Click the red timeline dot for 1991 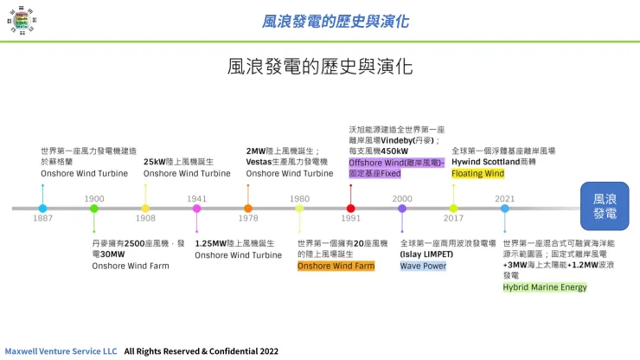pyautogui.click(x=350, y=209)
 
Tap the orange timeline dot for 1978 pyautogui.click(x=248, y=209)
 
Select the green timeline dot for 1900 pyautogui.click(x=94, y=209)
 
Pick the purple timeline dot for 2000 pyautogui.click(x=402, y=209)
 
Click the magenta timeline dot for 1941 pyautogui.click(x=196, y=209)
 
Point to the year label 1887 pyautogui.click(x=43, y=218)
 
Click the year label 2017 pyautogui.click(x=453, y=218)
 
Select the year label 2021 pyautogui.click(x=505, y=198)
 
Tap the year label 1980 pyautogui.click(x=299, y=198)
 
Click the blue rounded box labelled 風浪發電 pyautogui.click(x=605, y=206)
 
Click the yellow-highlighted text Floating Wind pyautogui.click(x=478, y=174)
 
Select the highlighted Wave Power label pyautogui.click(x=423, y=266)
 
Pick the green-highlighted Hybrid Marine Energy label pyautogui.click(x=545, y=287)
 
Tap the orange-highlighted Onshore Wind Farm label pyautogui.click(x=336, y=266)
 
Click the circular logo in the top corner pyautogui.click(x=22, y=20)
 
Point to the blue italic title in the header pyautogui.click(x=335, y=22)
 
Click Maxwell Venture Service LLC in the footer pyautogui.click(x=61, y=351)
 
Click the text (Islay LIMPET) pyautogui.click(x=426, y=254)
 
